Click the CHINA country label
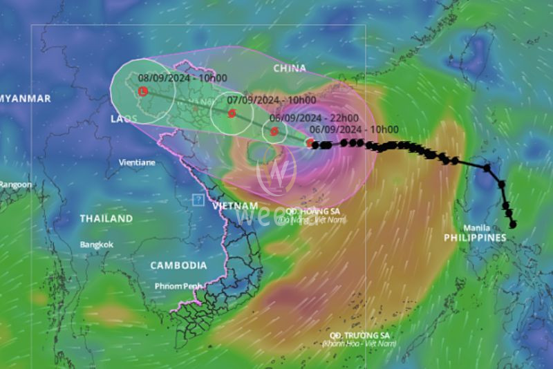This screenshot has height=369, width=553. coord(290,68)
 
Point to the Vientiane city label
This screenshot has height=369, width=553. coord(136,162)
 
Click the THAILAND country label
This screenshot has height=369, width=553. coord(106,218)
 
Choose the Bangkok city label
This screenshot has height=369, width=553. coord(95,245)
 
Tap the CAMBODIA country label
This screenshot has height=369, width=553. coord(178,265)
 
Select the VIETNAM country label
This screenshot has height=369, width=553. coord(235,206)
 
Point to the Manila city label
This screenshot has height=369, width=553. coord(477,227)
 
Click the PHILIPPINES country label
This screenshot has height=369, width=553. coord(475,238)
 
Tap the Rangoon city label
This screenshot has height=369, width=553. coord(15,184)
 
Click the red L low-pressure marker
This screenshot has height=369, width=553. coord(143,91)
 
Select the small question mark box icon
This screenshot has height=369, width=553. coord(198,200)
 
